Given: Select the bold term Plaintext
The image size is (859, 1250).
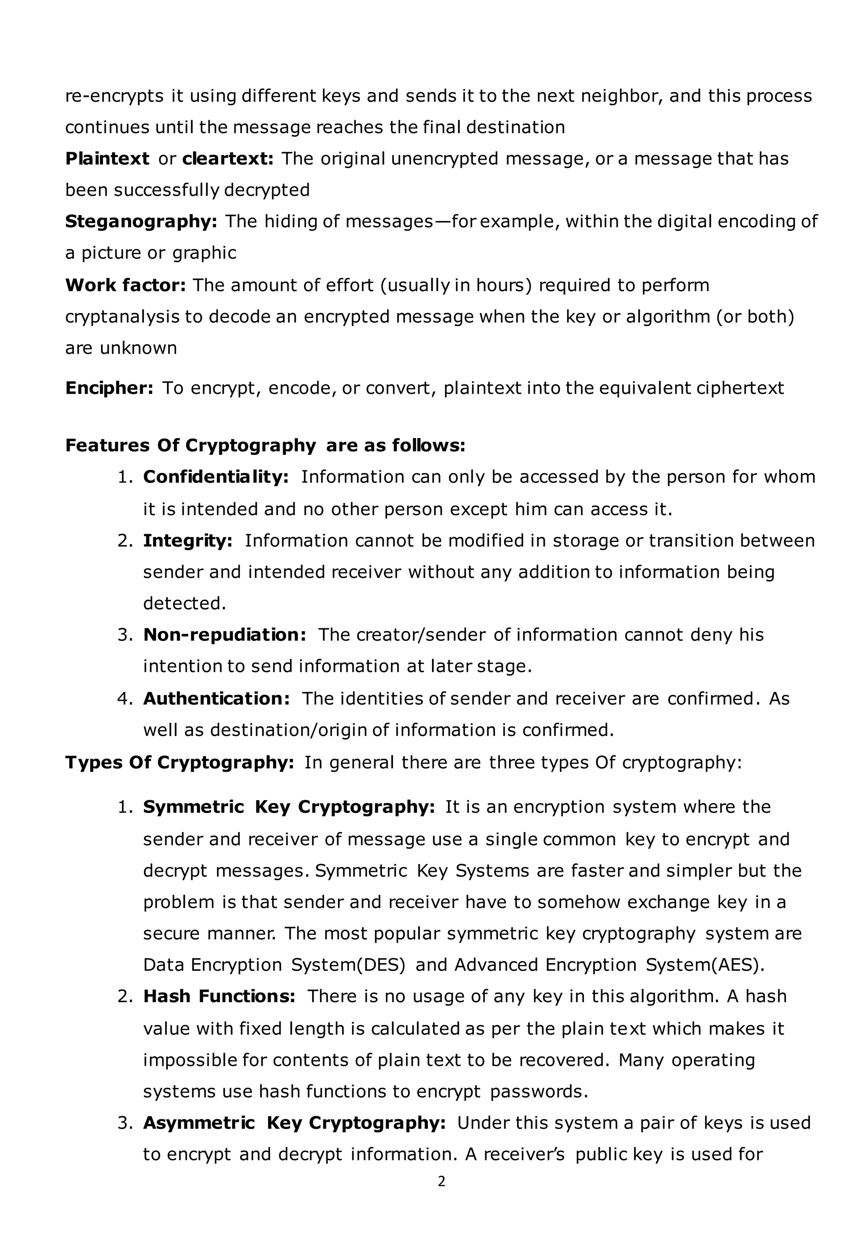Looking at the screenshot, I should click(x=107, y=159).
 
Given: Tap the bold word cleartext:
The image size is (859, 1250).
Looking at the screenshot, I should click(x=228, y=159).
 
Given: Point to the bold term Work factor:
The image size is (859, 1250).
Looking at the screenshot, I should click(x=125, y=285).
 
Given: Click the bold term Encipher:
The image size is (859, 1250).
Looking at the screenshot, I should click(x=109, y=388).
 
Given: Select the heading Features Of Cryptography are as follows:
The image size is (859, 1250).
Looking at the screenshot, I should click(x=265, y=445).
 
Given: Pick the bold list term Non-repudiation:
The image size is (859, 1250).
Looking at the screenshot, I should click(x=224, y=635).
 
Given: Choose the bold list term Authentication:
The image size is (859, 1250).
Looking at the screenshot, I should click(x=216, y=698).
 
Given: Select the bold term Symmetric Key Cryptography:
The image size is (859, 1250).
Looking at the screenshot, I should click(x=289, y=807).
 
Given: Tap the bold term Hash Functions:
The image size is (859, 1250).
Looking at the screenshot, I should click(x=219, y=996).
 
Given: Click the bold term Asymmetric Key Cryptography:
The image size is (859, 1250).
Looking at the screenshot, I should click(x=294, y=1123).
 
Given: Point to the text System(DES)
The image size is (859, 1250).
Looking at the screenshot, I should click(x=348, y=965).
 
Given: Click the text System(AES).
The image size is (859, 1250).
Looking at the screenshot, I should click(x=705, y=965).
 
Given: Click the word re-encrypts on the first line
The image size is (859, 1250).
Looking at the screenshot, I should click(x=114, y=96).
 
